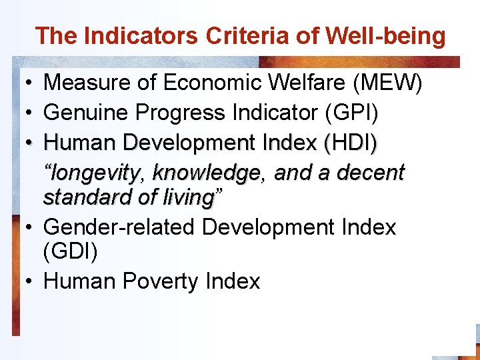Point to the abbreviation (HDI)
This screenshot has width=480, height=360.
point(350,143)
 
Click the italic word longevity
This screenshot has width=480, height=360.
point(96,173)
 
